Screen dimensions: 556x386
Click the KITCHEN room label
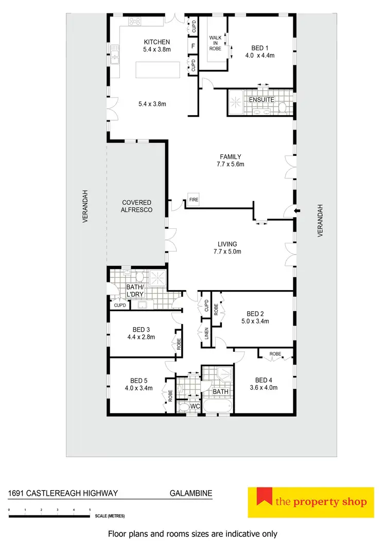(157, 42)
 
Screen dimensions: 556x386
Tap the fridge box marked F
(193, 46)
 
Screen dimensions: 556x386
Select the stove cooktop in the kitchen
(135, 22)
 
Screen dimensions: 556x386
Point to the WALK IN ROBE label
(215, 43)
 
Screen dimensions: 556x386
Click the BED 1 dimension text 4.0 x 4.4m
(261, 55)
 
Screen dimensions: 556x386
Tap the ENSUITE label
(262, 99)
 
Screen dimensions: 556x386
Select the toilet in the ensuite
(283, 107)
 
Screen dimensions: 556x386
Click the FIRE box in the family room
(194, 199)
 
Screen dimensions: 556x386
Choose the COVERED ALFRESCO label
(137, 206)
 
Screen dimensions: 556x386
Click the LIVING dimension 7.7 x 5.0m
(227, 252)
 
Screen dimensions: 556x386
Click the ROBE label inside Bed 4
(275, 354)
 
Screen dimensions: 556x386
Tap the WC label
(195, 407)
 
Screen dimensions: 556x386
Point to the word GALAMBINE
(191, 493)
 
